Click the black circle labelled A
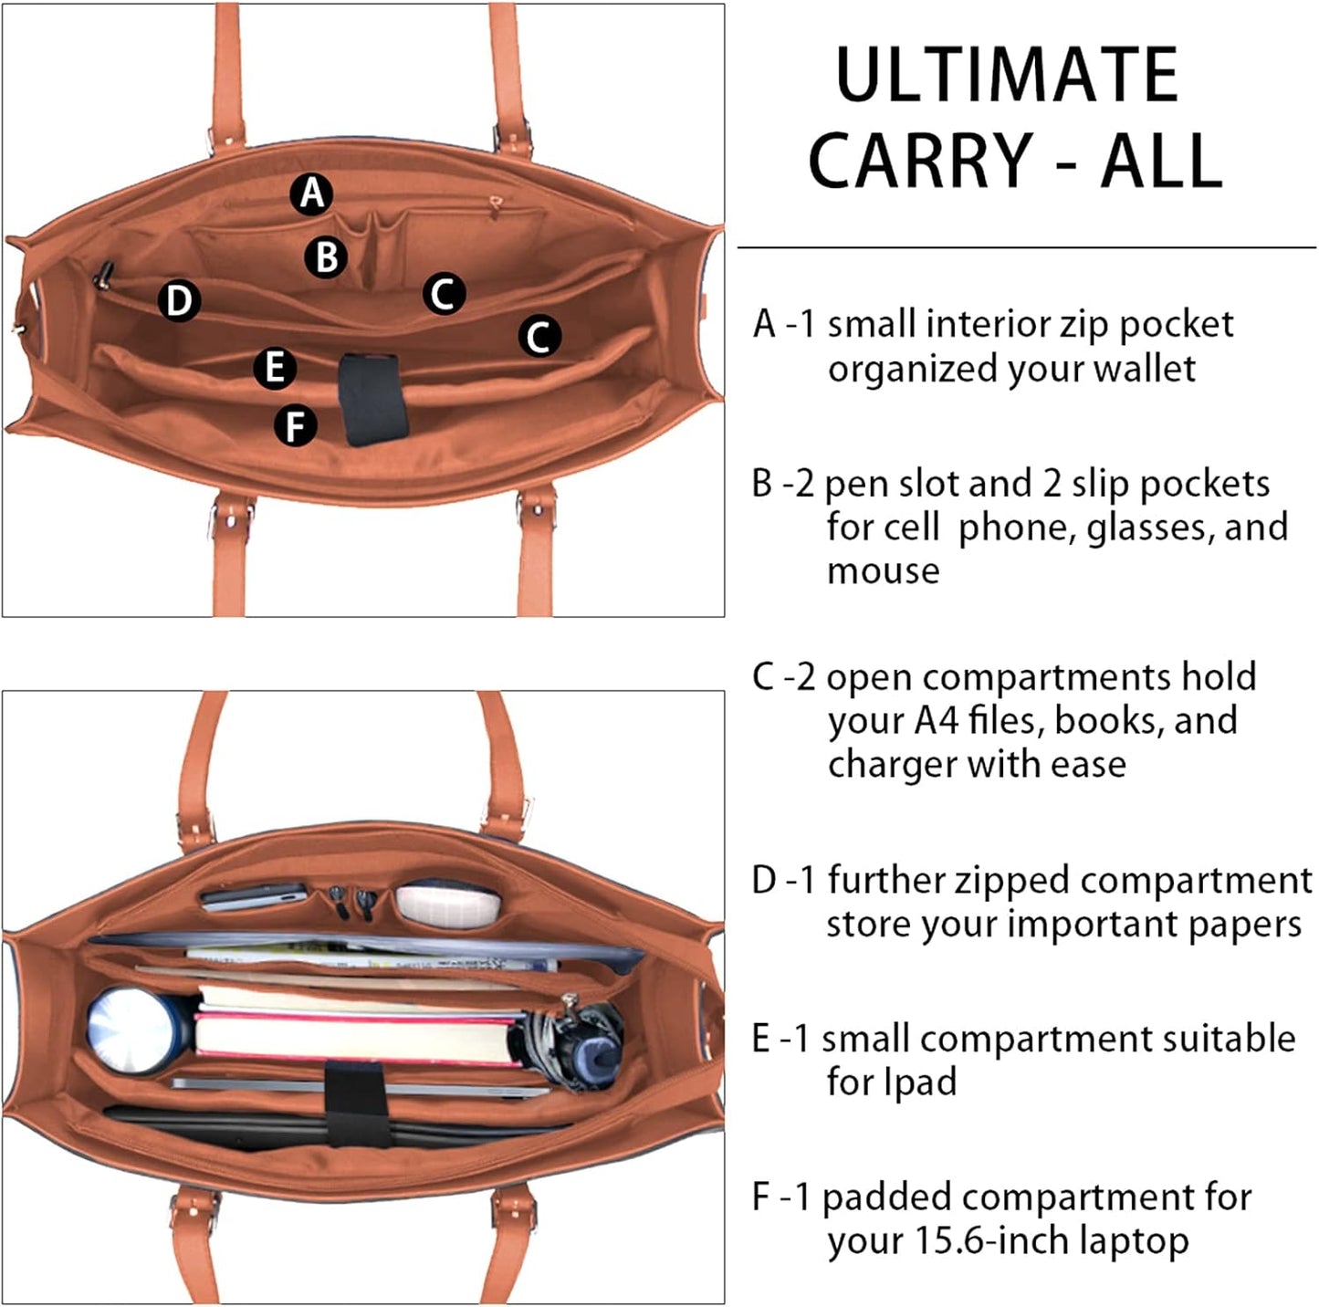[x=311, y=193]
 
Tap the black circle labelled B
[x=326, y=256]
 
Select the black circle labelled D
[x=179, y=300]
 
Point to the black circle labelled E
[x=274, y=368]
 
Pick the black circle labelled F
[x=296, y=426]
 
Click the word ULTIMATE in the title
[x=1007, y=76]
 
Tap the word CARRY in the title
[x=920, y=162]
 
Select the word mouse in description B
[x=883, y=571]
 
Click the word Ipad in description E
[x=919, y=1082]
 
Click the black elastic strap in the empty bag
[x=372, y=399]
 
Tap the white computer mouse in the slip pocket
[x=448, y=902]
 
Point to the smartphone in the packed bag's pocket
[x=253, y=896]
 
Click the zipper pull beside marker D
[x=105, y=272]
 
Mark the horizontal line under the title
[x=1026, y=247]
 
